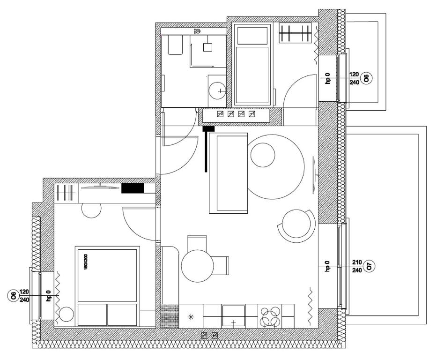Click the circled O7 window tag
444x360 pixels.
click(x=369, y=267)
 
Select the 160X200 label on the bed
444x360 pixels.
click(x=86, y=260)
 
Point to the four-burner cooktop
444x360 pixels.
click(x=270, y=316)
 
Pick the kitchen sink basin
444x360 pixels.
click(x=233, y=316)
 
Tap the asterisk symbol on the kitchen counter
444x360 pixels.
click(x=191, y=317)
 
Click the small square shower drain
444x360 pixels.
click(x=208, y=47)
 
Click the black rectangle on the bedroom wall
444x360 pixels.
click(x=132, y=188)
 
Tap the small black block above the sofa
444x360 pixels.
click(x=208, y=128)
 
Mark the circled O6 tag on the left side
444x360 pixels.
click(x=14, y=296)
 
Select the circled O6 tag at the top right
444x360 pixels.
click(x=368, y=78)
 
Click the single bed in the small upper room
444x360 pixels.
click(x=252, y=66)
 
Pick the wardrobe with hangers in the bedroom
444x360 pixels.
click(x=65, y=192)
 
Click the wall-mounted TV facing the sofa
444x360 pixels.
click(x=314, y=174)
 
